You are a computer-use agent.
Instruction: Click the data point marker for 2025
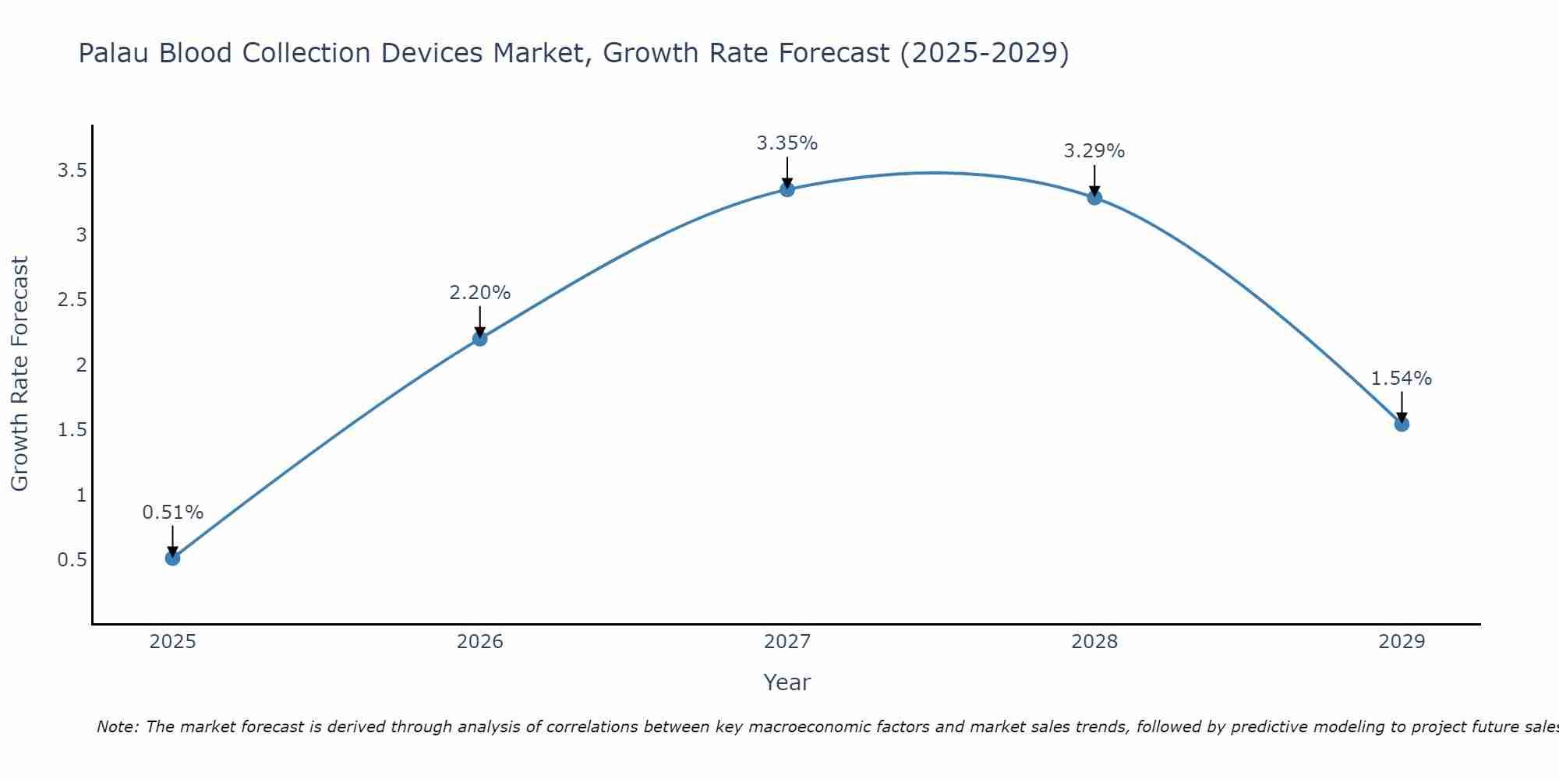tap(173, 558)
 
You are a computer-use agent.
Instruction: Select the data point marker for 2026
tap(480, 338)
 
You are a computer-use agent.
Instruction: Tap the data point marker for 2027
tap(787, 189)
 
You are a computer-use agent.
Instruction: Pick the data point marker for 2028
tap(1094, 197)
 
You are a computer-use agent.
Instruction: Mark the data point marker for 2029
tap(1402, 424)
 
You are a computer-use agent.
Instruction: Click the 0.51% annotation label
tap(173, 513)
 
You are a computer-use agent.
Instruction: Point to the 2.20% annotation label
tap(480, 293)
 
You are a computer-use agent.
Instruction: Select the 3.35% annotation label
tap(787, 143)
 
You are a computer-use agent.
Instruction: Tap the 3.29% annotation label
tap(1094, 151)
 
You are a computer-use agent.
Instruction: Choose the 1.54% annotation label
tap(1402, 379)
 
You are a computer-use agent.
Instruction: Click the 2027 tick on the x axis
tap(787, 642)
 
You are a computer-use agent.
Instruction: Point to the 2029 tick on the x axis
tap(1402, 642)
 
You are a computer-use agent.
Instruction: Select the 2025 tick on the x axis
tap(173, 642)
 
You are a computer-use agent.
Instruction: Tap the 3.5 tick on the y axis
tap(72, 171)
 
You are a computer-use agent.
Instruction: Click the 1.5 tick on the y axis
tap(72, 430)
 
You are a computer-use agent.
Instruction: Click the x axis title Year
tap(787, 682)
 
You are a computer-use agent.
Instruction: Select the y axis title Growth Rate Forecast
tap(20, 374)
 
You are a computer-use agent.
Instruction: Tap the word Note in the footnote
tap(117, 727)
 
